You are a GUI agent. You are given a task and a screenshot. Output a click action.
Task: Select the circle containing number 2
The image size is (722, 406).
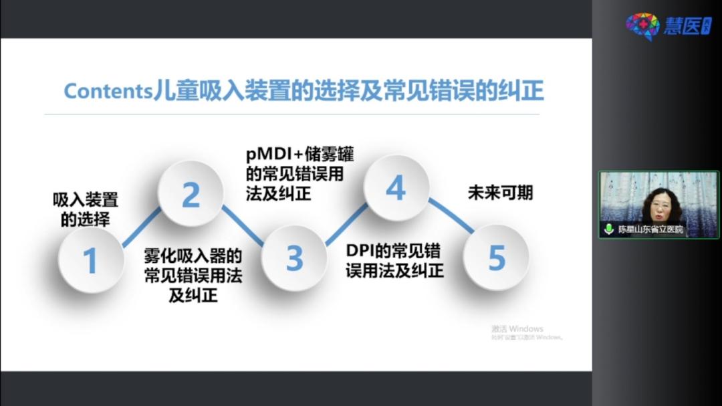pyautogui.click(x=191, y=195)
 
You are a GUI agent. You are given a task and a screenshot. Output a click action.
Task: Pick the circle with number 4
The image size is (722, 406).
pyautogui.click(x=395, y=189)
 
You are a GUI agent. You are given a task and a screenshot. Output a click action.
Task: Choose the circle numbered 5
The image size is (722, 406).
pyautogui.click(x=496, y=258)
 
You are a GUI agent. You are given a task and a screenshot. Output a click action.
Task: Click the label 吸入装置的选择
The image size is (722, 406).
pyautogui.click(x=86, y=209)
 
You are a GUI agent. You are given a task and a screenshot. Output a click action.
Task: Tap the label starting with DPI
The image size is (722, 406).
pyautogui.click(x=394, y=261)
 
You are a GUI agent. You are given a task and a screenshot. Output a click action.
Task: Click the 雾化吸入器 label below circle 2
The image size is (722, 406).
pyautogui.click(x=193, y=275)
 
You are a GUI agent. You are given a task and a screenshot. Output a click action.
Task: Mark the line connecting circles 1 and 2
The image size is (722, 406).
pyautogui.click(x=142, y=227)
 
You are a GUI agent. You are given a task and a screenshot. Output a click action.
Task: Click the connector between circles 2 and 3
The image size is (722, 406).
pyautogui.click(x=243, y=226)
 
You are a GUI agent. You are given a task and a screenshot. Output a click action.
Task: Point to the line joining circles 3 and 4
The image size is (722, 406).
pyautogui.click(x=346, y=224)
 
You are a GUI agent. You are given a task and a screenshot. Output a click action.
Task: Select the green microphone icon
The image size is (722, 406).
pyautogui.click(x=608, y=229)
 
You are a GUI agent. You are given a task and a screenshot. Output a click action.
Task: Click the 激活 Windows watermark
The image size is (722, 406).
pyautogui.click(x=517, y=329)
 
